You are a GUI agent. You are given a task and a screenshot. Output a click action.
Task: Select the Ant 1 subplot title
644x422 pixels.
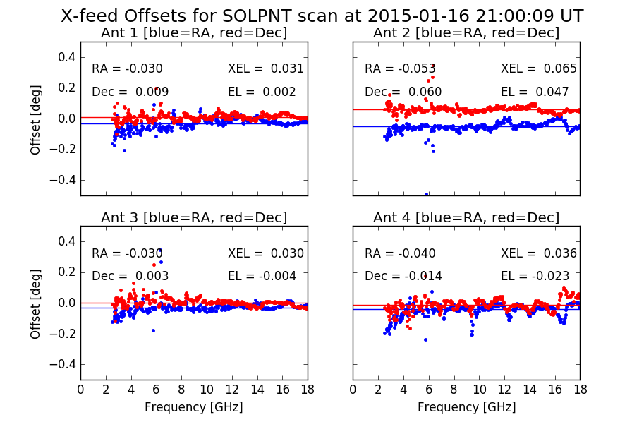(x=194, y=33)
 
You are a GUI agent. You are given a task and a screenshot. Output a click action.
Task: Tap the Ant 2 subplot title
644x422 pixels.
(x=466, y=33)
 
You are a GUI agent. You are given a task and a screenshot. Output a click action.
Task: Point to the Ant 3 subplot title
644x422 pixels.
(x=194, y=217)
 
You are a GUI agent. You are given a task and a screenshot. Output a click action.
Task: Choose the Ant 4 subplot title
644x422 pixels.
(x=466, y=217)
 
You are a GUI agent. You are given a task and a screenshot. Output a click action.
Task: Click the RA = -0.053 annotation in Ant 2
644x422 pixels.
(x=400, y=68)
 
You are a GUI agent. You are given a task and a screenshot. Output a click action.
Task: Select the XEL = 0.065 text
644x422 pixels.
(x=539, y=68)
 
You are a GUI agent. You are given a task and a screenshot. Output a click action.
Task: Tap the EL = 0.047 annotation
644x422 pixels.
(x=535, y=92)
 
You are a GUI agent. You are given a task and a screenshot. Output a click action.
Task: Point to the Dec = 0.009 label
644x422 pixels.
(x=130, y=92)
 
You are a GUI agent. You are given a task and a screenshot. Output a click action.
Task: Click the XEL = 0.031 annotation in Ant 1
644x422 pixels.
(x=266, y=68)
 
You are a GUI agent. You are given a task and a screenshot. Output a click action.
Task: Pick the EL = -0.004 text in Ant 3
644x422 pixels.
(x=262, y=276)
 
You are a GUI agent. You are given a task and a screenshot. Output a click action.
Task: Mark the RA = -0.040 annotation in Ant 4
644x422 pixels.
(x=400, y=253)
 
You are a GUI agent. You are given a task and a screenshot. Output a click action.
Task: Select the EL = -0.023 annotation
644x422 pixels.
(x=535, y=276)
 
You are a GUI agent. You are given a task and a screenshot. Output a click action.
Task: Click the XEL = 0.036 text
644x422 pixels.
(x=539, y=253)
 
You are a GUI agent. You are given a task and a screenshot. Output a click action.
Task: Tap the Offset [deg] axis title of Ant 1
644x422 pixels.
(x=36, y=119)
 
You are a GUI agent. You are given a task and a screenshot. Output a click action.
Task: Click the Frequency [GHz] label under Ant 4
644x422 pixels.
(x=466, y=407)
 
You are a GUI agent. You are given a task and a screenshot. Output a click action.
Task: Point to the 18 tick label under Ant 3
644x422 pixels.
(x=308, y=390)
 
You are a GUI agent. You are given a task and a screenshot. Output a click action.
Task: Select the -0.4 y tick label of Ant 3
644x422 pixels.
(x=63, y=364)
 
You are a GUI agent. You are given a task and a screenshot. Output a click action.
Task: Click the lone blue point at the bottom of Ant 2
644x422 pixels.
(x=426, y=195)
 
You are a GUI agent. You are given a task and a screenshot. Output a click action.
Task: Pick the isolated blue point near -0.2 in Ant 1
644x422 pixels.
(x=124, y=151)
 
